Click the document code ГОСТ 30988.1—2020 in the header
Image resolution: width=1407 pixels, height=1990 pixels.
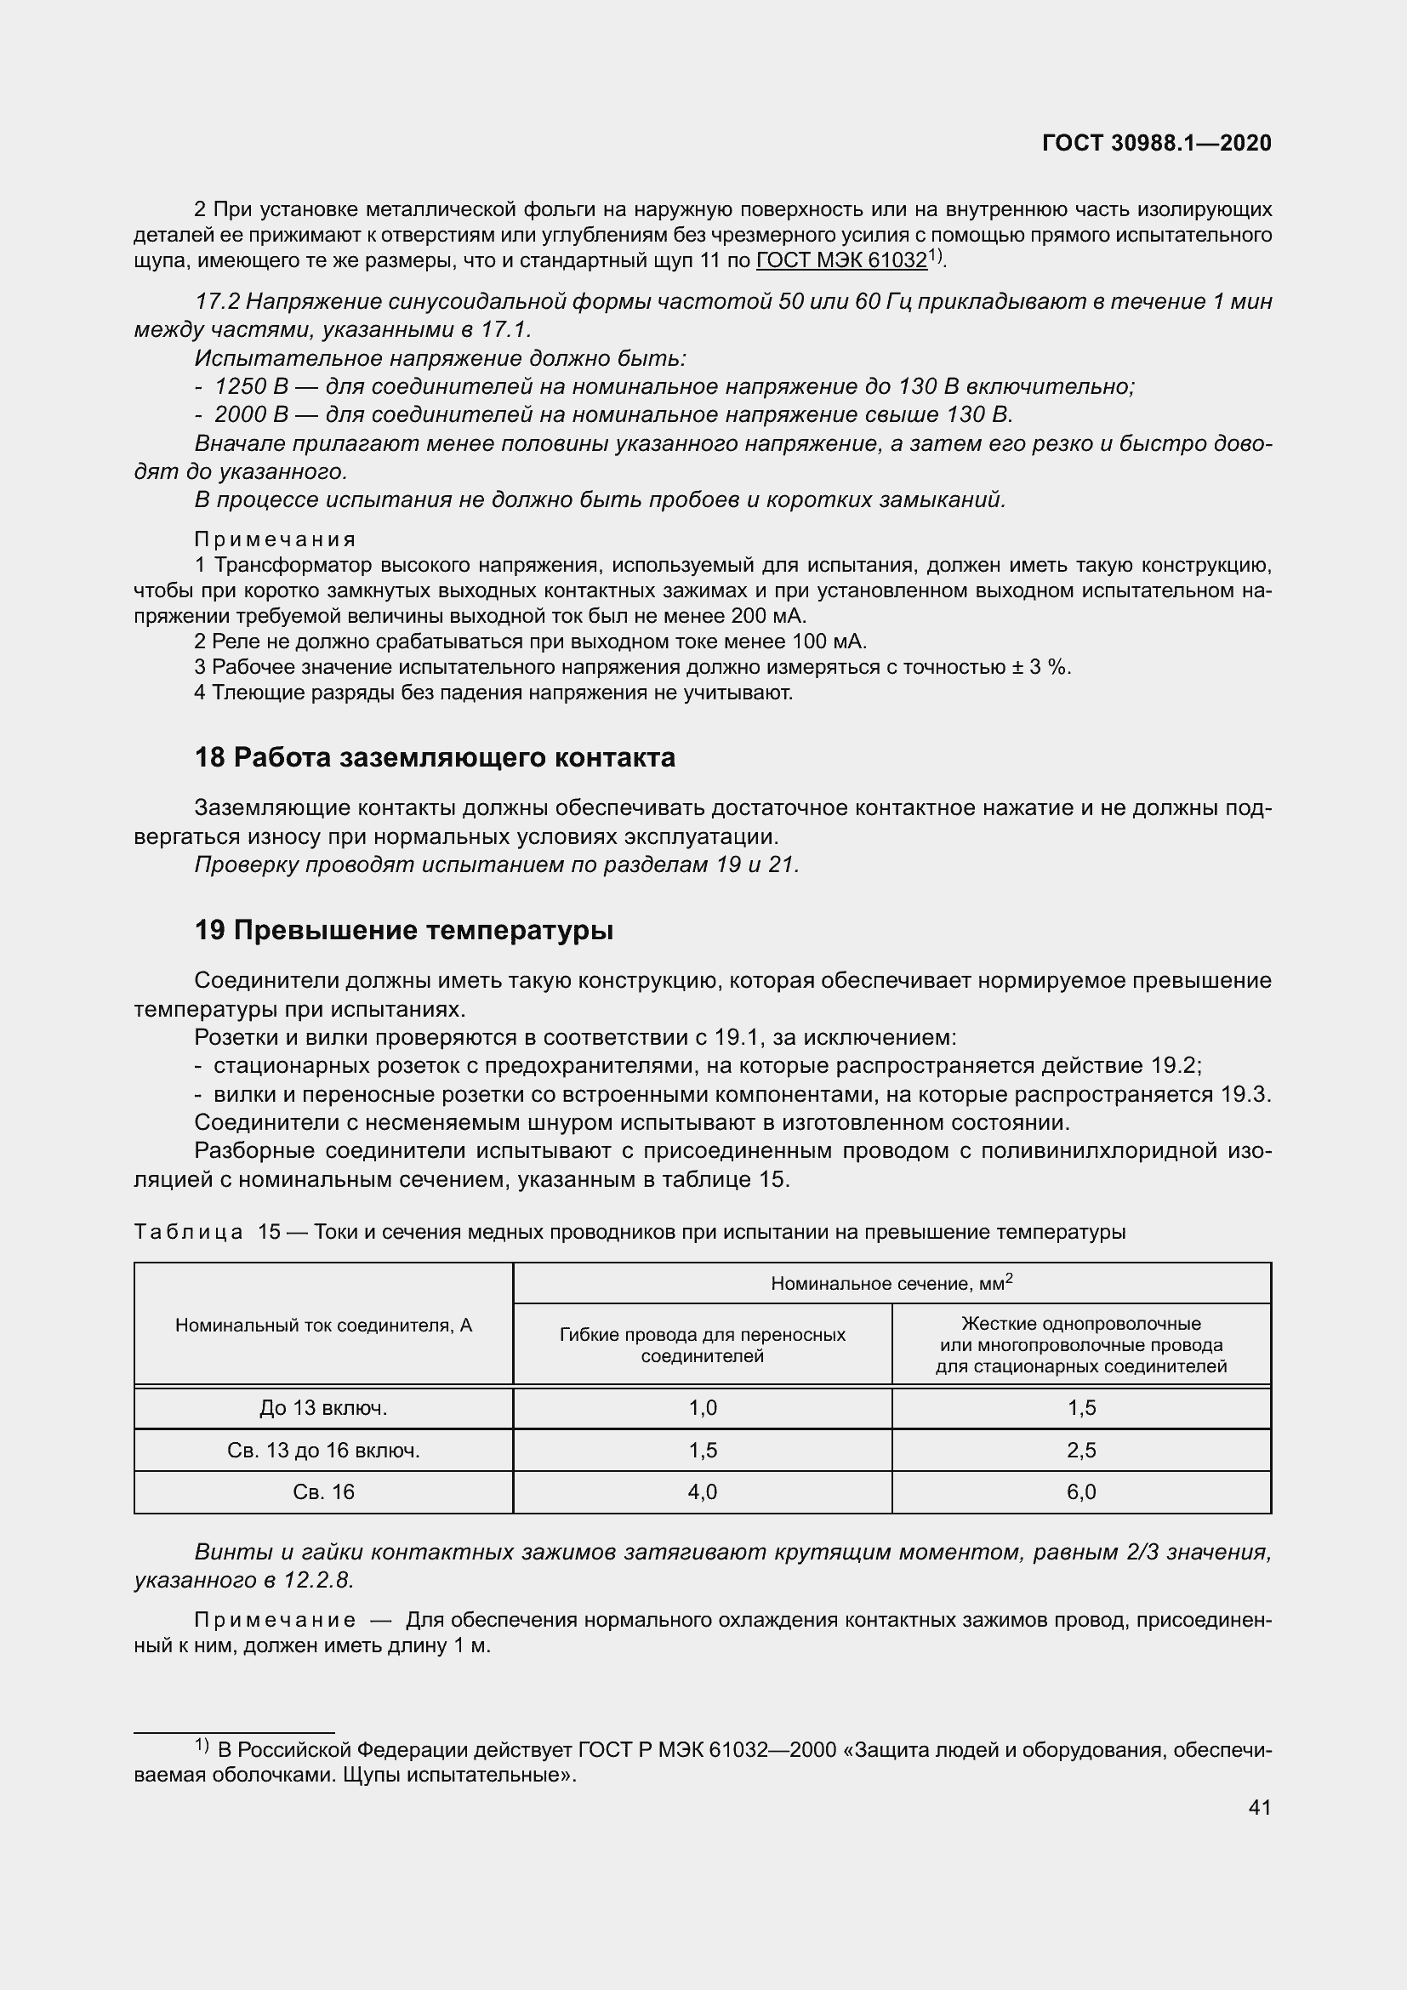pyautogui.click(x=1157, y=143)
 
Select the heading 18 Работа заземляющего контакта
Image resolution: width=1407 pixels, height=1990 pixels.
pyautogui.click(x=435, y=757)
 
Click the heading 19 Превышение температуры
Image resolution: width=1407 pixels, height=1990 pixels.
pyautogui.click(x=404, y=930)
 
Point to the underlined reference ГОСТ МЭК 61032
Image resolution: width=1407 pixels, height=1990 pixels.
pyautogui.click(x=841, y=261)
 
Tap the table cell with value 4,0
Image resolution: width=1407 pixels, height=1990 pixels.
pyautogui.click(x=703, y=1491)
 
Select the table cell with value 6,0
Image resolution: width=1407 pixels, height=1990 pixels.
pyautogui.click(x=1081, y=1491)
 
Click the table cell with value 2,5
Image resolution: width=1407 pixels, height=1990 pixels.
pyautogui.click(x=1081, y=1450)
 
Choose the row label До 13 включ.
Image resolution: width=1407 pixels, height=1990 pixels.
pyautogui.click(x=323, y=1408)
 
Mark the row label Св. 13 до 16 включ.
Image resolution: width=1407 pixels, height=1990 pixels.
pyautogui.click(x=323, y=1450)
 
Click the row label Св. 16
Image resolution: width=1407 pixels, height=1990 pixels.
pyautogui.click(x=323, y=1491)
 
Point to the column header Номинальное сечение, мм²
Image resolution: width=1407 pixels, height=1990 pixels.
pyautogui.click(x=891, y=1284)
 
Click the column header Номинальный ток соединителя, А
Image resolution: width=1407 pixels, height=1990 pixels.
pyautogui.click(x=323, y=1326)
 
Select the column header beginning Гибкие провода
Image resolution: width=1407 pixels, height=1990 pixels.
pyautogui.click(x=703, y=1344)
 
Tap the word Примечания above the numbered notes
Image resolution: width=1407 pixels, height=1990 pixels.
pyautogui.click(x=275, y=540)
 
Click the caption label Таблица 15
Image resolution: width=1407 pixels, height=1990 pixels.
pyautogui.click(x=206, y=1232)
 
